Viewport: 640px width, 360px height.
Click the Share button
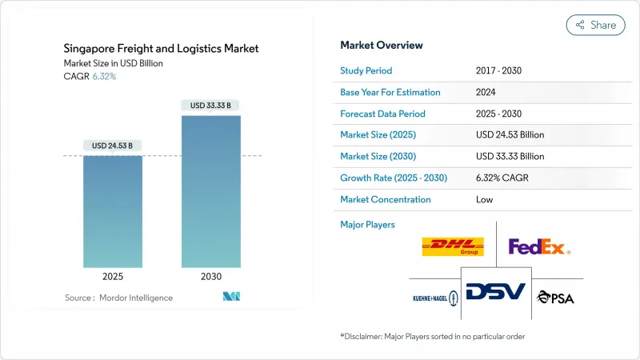595,25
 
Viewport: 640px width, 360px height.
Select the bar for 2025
113,211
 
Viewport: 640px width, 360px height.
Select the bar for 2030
210,192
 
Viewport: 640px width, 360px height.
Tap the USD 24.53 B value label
113,146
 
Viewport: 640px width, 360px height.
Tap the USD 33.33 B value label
210,105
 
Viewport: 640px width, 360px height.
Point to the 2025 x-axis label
113,277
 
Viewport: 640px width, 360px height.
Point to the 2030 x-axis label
210,277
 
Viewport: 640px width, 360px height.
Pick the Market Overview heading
382,45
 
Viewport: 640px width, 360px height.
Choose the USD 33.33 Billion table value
510,156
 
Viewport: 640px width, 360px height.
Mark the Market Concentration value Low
484,199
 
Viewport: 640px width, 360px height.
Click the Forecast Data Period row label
382,114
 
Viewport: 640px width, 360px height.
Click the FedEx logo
539,247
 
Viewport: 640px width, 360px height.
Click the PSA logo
555,297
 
